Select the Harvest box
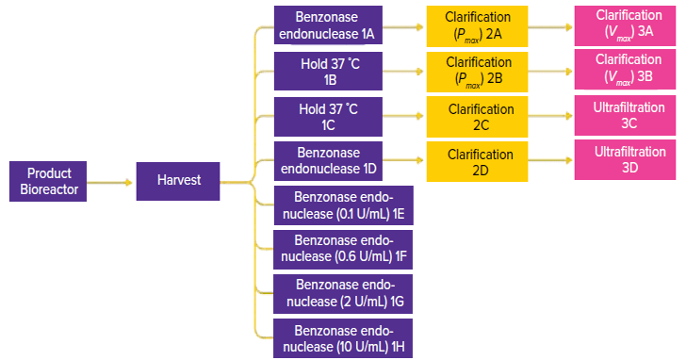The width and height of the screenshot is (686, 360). click(x=178, y=181)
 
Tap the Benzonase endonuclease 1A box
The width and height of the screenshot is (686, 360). click(x=328, y=25)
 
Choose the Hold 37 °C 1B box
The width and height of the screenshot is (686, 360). click(x=328, y=71)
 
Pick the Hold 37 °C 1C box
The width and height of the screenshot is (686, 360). click(x=328, y=116)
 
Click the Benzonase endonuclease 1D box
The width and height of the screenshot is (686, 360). click(x=328, y=161)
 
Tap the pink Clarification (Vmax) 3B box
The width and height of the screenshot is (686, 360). click(x=625, y=70)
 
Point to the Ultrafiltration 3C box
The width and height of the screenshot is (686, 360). click(x=625, y=116)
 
